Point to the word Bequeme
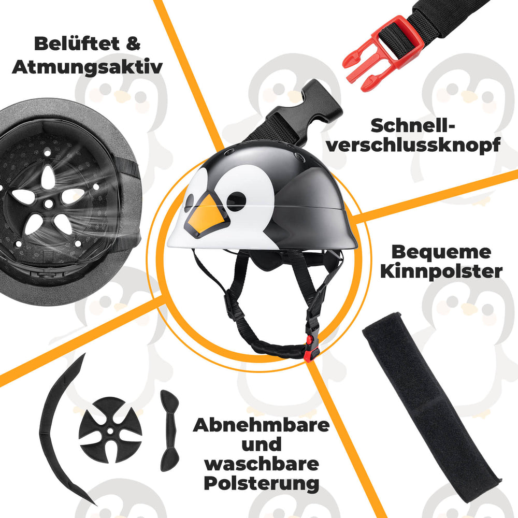[x=441, y=252]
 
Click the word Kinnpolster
[x=441, y=271]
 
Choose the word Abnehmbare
[x=261, y=426]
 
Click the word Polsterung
[x=261, y=484]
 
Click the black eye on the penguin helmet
[x=236, y=200]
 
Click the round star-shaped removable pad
[x=110, y=422]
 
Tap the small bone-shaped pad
[x=169, y=430]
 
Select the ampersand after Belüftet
[x=133, y=44]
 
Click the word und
[x=261, y=445]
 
